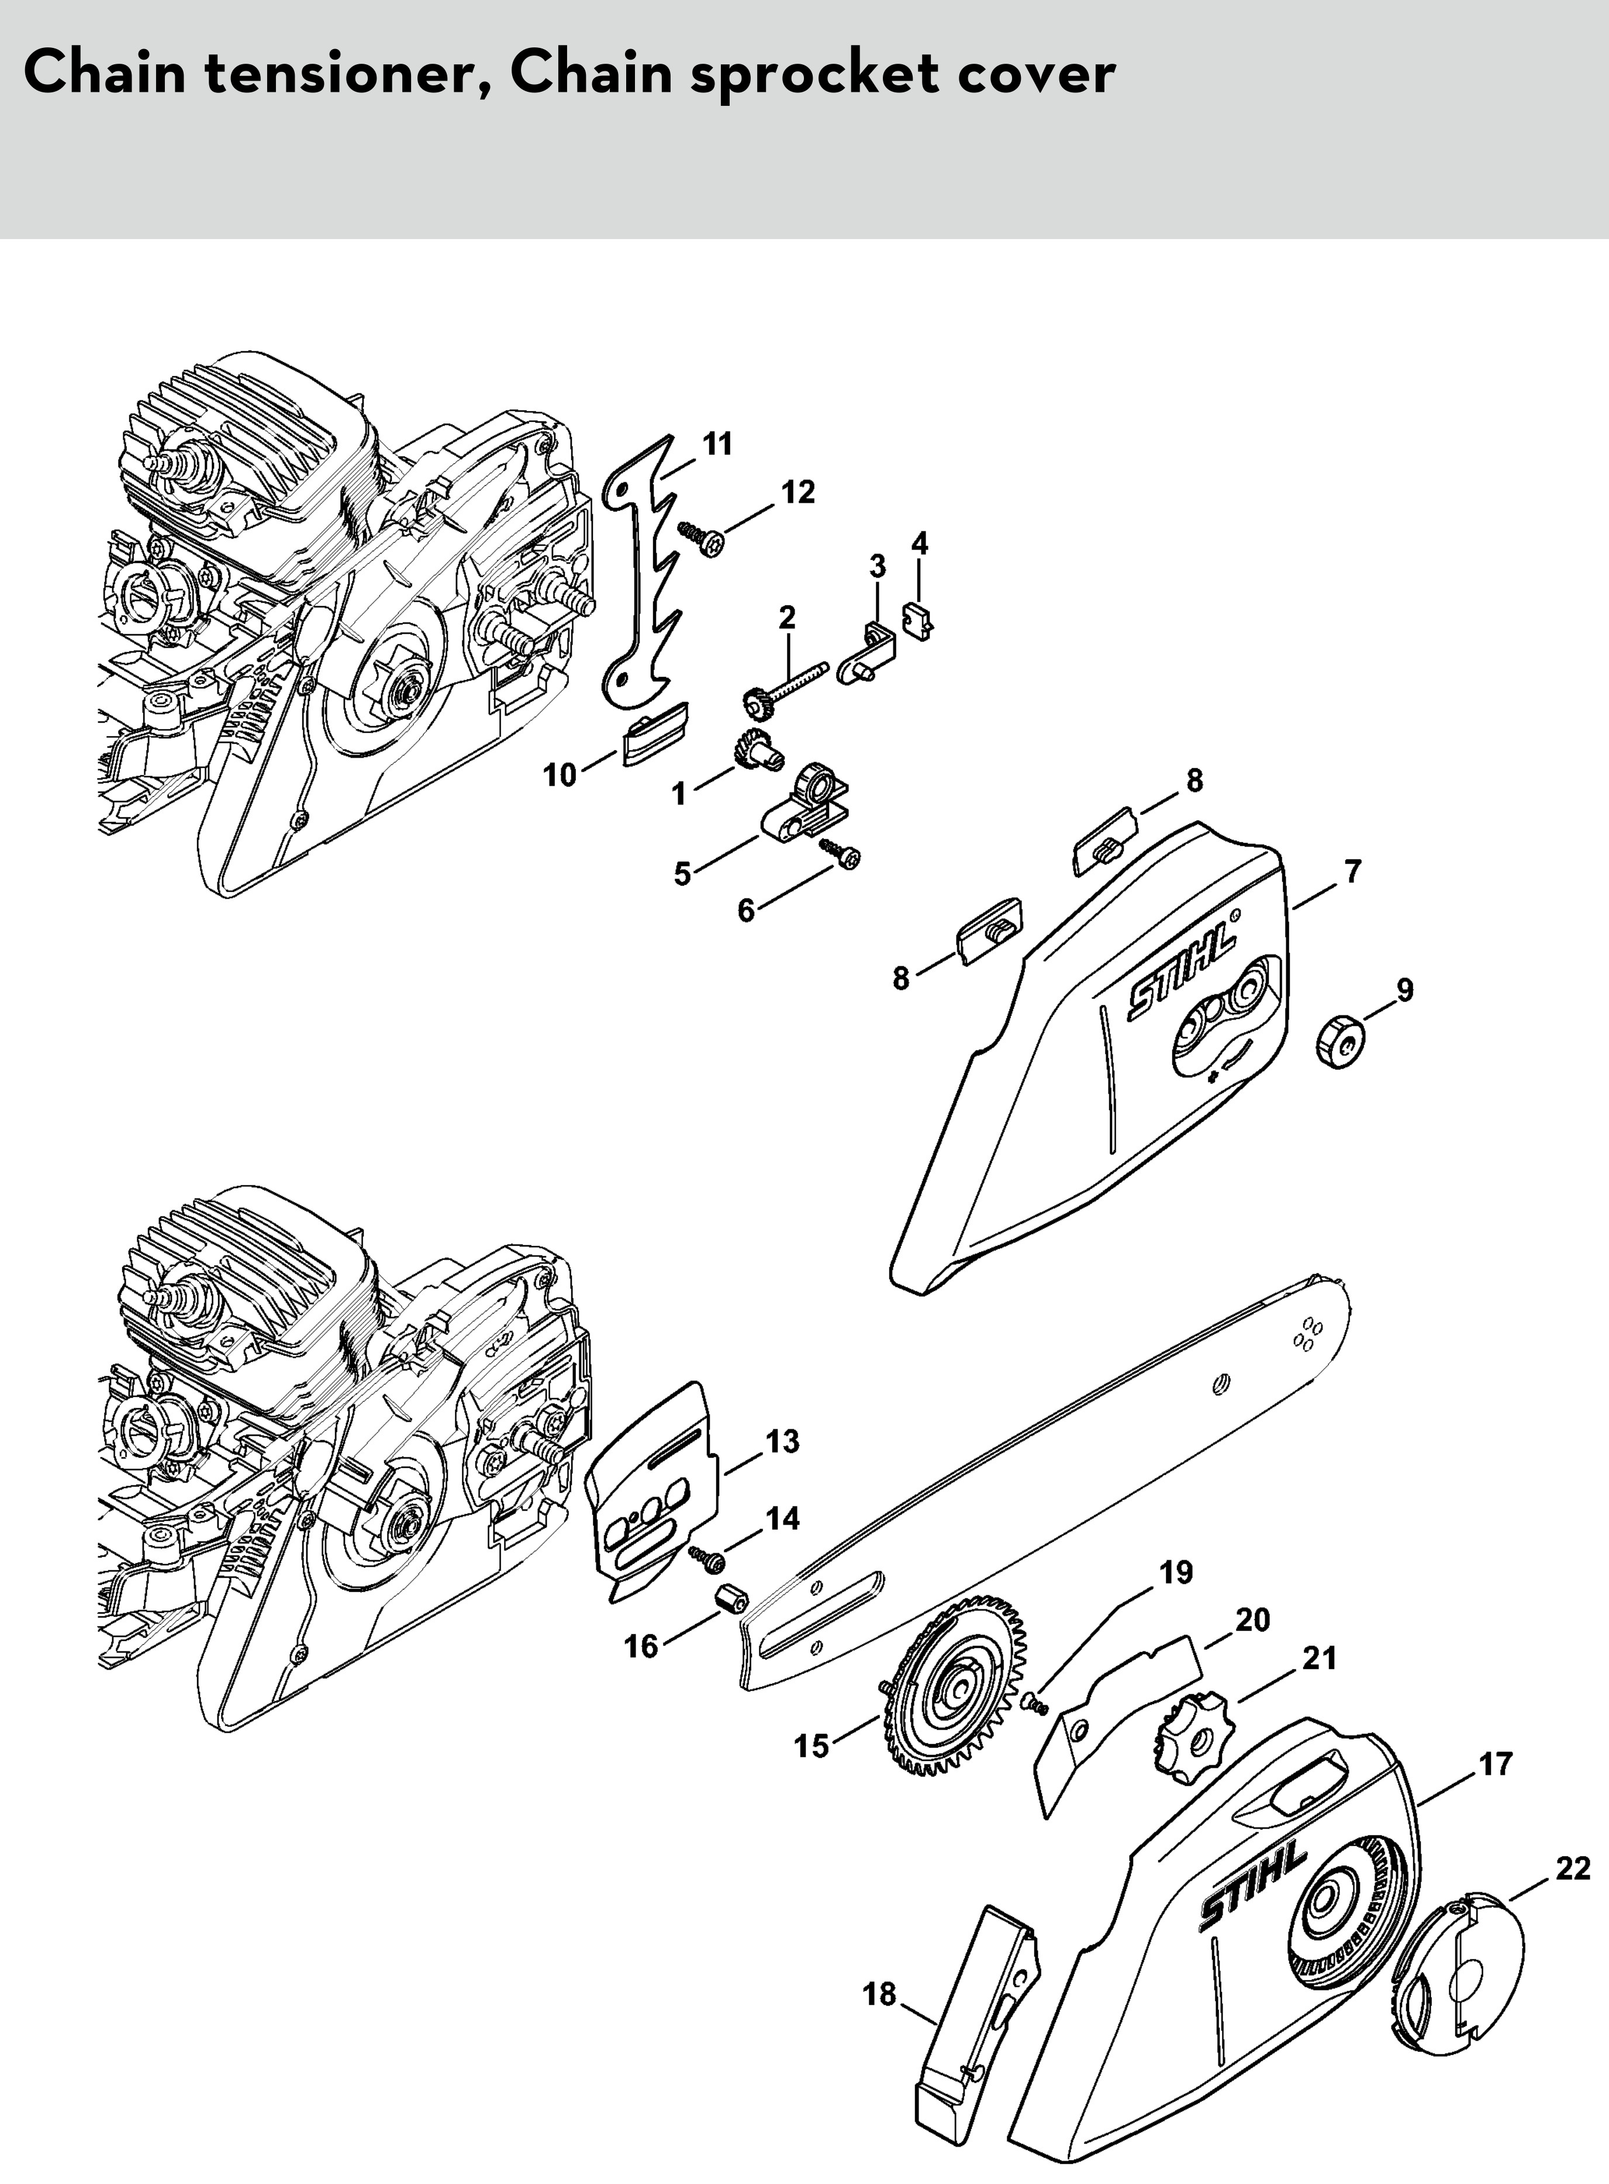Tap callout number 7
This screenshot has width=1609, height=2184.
coord(1353,872)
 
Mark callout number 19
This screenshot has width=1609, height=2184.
coord(1176,1573)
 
